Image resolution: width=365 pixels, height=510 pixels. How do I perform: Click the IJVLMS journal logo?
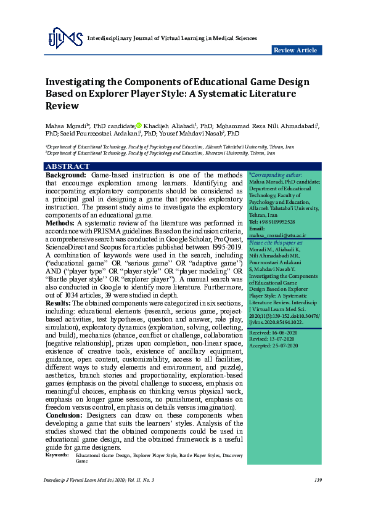[65, 39]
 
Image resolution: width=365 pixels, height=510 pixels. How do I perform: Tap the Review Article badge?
[296, 50]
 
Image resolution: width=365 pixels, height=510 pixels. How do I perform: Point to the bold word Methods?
[60, 223]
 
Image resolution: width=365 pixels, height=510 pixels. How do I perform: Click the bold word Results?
[59, 303]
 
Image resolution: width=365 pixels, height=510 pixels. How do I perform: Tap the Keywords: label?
[57, 455]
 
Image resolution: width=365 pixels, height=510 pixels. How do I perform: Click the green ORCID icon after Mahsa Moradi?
[139, 125]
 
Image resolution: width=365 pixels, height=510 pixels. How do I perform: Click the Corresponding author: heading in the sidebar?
[276, 176]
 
